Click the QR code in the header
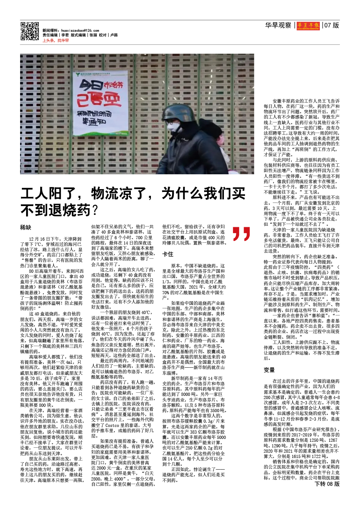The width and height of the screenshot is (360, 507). pyautogui.click(x=30, y=31)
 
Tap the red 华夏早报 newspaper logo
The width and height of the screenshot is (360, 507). pyautogui.click(x=308, y=25)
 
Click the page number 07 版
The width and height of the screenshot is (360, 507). pyautogui.click(x=331, y=25)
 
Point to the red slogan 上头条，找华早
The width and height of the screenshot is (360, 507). pyautogui.click(x=56, y=41)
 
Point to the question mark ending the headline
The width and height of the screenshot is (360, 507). pyautogui.click(x=95, y=211)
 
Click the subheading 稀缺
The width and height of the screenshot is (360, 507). pyautogui.click(x=25, y=227)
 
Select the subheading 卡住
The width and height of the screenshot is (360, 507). pyautogui.click(x=167, y=254)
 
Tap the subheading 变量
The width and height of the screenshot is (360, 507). pyautogui.click(x=269, y=370)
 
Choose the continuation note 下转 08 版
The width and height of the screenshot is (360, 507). pyautogui.click(x=327, y=484)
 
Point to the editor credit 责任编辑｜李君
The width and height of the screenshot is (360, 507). pyautogui.click(x=56, y=35)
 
